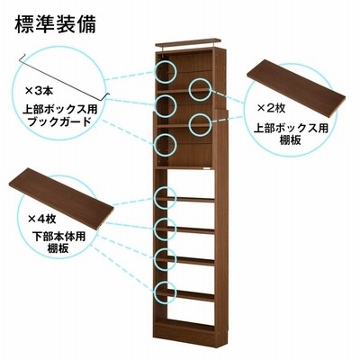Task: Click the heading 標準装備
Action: click(x=55, y=24)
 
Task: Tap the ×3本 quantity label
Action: click(x=39, y=91)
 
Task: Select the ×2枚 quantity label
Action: click(x=272, y=108)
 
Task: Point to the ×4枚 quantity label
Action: click(x=42, y=219)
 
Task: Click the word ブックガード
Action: click(x=58, y=121)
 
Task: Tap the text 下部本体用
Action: click(x=58, y=237)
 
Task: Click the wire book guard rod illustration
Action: click(x=64, y=76)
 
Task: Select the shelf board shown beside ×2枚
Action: click(x=296, y=87)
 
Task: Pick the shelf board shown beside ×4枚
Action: click(x=61, y=199)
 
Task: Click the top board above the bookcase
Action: click(x=188, y=43)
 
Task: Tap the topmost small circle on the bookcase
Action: click(x=166, y=71)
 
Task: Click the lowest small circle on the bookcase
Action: click(x=165, y=292)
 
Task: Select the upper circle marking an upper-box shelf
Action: click(x=200, y=89)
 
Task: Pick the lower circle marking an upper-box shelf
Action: click(x=200, y=124)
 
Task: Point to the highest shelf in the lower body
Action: click(x=185, y=199)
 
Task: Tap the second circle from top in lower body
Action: click(x=165, y=229)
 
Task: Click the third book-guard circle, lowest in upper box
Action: click(x=166, y=145)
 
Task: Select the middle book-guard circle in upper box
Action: click(x=166, y=106)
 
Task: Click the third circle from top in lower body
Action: click(x=165, y=259)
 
